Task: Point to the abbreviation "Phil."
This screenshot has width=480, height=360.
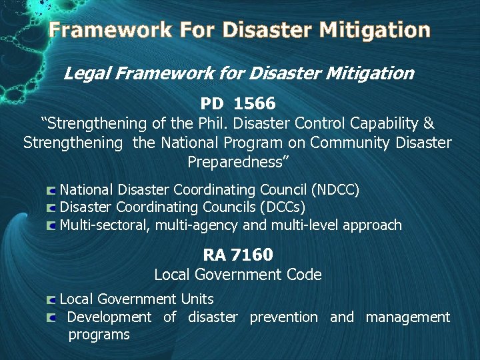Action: (233, 123)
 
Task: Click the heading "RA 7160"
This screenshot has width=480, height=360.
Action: (238, 254)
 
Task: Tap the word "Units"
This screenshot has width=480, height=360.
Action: (197, 299)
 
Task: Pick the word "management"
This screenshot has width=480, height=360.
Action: (408, 317)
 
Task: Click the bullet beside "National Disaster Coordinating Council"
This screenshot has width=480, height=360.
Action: (52, 191)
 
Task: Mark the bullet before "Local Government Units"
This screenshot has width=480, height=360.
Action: (52, 300)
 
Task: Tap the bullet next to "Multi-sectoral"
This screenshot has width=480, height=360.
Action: (52, 226)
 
